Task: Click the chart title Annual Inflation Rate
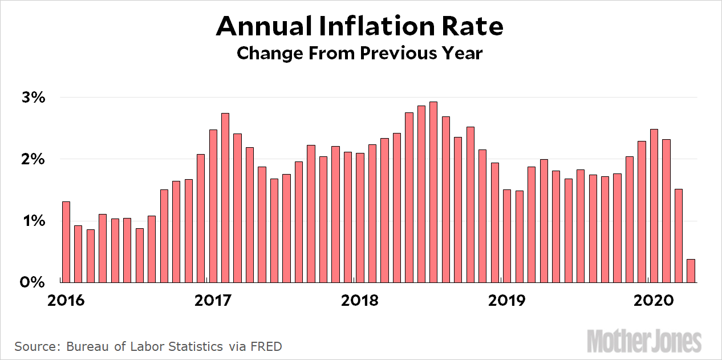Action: (x=360, y=26)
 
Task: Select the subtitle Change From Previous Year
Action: (x=360, y=53)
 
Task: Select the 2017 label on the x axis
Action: (x=214, y=300)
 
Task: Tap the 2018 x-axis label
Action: (x=360, y=300)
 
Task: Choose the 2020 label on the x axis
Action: (x=652, y=300)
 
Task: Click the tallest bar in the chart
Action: (x=433, y=192)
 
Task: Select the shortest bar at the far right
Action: (x=691, y=270)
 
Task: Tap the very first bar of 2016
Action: (x=66, y=241)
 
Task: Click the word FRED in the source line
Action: (x=265, y=346)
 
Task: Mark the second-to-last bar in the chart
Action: (x=678, y=235)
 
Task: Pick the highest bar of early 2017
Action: (x=225, y=197)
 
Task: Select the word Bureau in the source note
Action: (x=87, y=346)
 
